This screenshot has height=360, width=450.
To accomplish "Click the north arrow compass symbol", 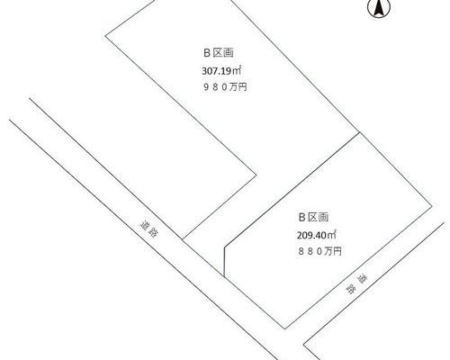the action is [x=379, y=8].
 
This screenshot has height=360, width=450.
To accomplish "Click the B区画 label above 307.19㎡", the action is [x=219, y=53].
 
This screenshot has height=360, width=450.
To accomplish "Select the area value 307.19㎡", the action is [x=221, y=71].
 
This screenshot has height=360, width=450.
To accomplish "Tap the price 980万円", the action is [x=225, y=87].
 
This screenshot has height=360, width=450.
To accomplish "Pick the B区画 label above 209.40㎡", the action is [x=313, y=217].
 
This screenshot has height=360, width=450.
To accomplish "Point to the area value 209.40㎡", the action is [x=317, y=235].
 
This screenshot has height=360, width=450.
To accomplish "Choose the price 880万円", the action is [x=319, y=251].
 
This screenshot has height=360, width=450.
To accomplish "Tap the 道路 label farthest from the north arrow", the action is [x=149, y=229].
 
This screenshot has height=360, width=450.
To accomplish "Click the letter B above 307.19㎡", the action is [x=207, y=53].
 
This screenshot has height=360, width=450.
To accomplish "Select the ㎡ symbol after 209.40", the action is [x=331, y=235].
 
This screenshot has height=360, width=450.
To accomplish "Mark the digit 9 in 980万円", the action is [x=207, y=87].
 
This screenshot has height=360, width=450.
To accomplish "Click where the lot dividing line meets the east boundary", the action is [x=359, y=132].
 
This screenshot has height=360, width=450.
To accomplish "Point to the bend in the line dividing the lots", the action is [x=224, y=247].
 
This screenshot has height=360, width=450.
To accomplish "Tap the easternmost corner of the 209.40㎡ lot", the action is [x=432, y=206].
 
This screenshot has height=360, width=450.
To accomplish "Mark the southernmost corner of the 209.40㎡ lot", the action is [x=284, y=329].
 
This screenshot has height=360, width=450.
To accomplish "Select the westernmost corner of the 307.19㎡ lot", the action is [x=105, y=36].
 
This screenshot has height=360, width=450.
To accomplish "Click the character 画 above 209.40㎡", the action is [x=323, y=217].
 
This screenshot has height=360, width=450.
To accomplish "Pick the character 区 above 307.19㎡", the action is [x=218, y=53].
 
